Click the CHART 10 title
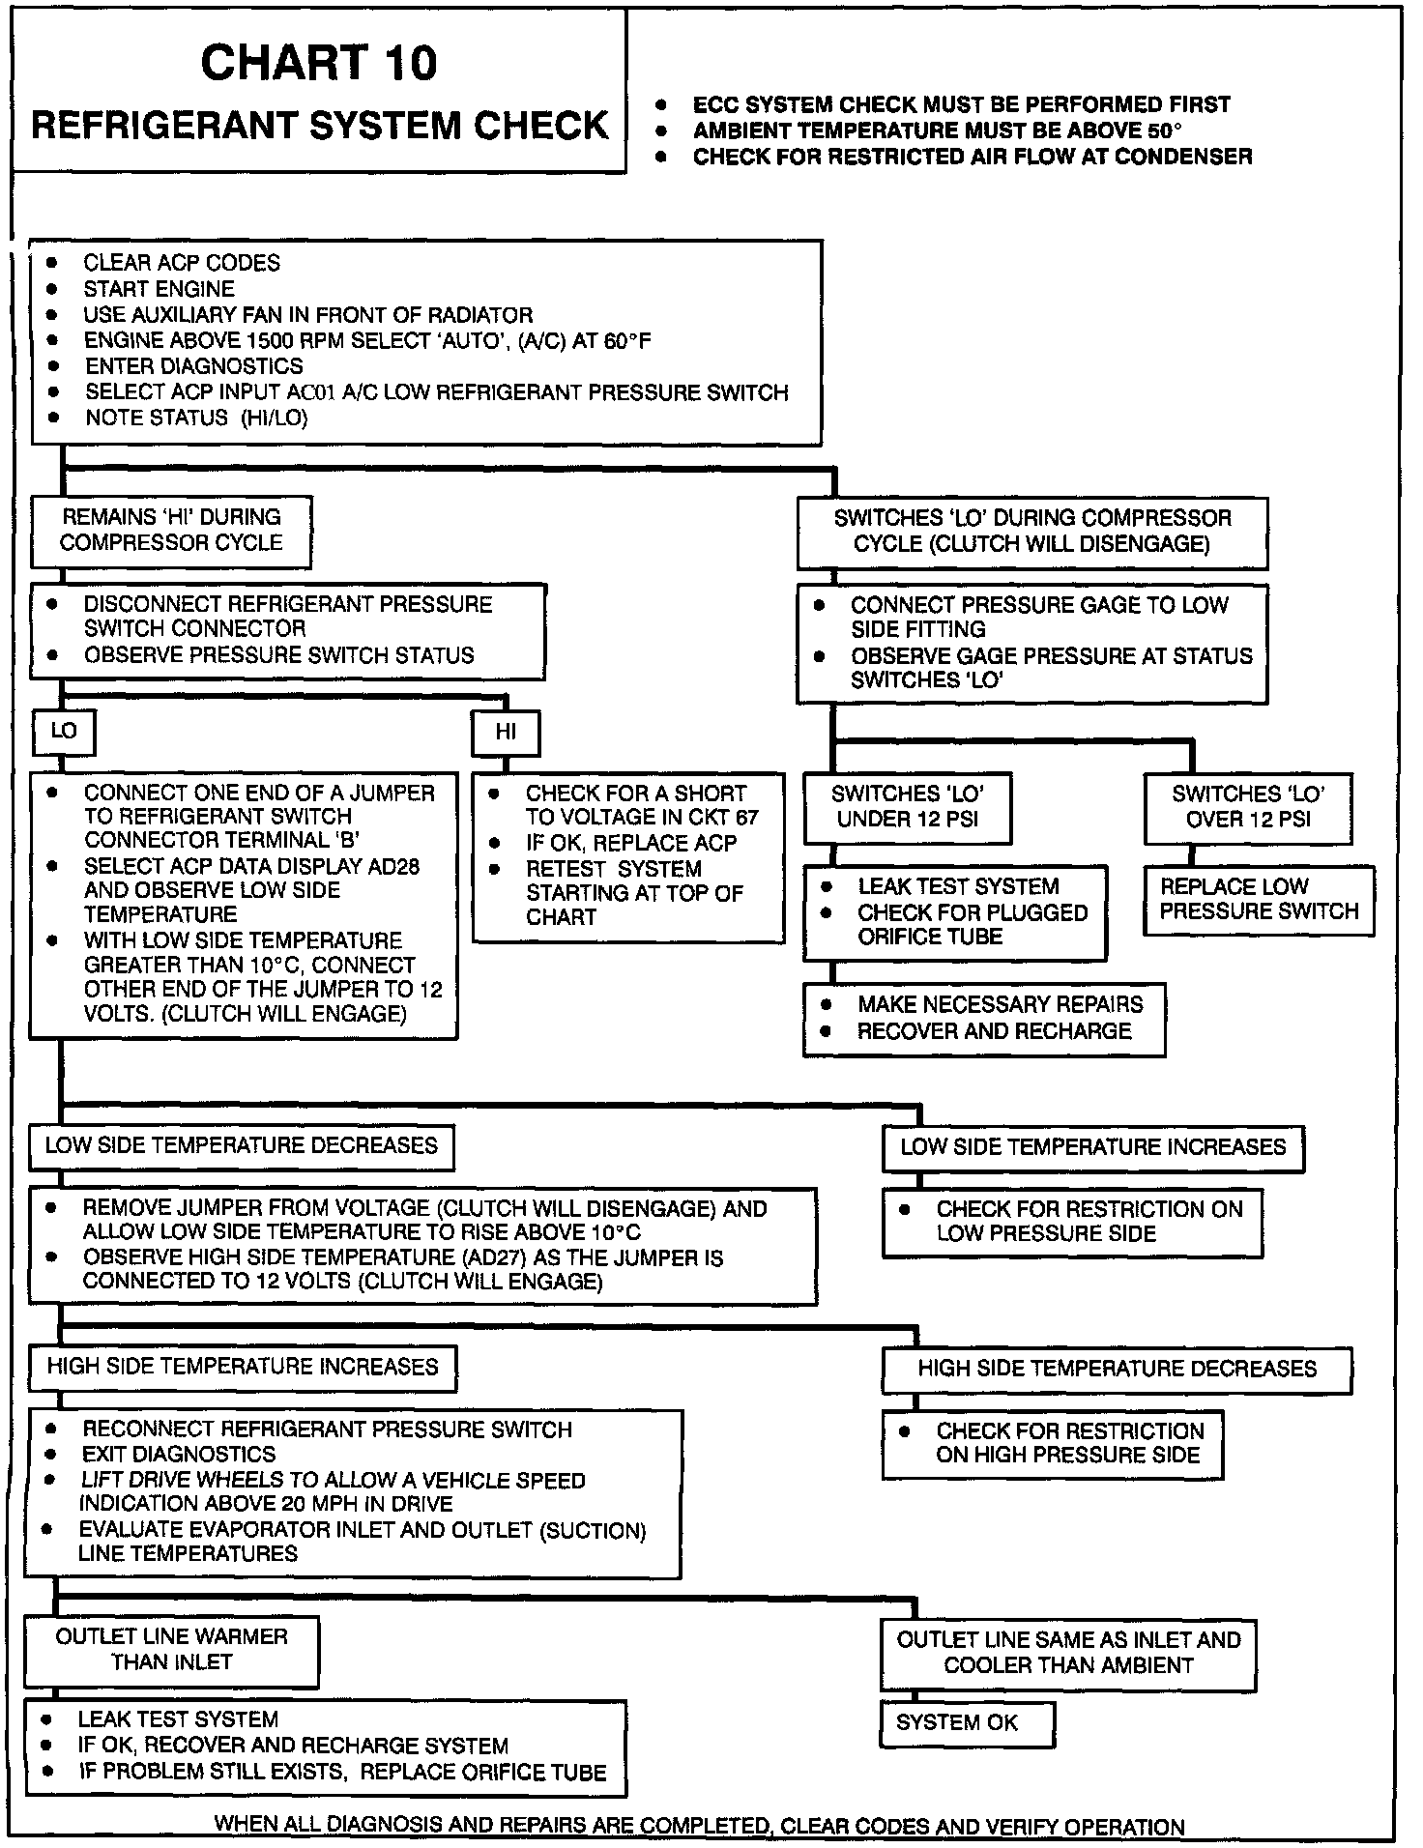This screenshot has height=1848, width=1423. [318, 64]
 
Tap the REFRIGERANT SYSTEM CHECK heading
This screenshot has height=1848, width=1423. [320, 127]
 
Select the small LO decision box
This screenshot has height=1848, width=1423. [64, 732]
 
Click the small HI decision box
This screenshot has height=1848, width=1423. [506, 733]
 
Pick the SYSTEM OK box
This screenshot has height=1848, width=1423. [966, 1723]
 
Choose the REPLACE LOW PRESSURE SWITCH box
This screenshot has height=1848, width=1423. [1258, 900]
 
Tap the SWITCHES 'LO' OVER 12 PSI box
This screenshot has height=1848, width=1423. [1247, 807]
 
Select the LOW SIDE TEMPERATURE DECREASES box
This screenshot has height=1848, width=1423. [242, 1146]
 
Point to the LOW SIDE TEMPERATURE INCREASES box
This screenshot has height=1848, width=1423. [1092, 1148]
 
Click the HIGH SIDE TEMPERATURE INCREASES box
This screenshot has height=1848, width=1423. [242, 1368]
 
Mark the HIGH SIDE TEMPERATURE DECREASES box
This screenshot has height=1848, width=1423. [1117, 1370]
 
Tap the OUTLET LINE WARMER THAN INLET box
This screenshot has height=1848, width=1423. [171, 1650]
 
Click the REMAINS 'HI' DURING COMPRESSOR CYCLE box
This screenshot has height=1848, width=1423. [171, 531]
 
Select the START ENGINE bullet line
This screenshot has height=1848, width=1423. [159, 289]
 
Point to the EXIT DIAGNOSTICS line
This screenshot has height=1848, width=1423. [179, 1455]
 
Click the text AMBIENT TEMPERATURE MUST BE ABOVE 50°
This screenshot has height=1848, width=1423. [938, 130]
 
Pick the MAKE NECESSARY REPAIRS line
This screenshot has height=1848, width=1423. [1000, 1004]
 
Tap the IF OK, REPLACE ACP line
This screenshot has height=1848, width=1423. [630, 843]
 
